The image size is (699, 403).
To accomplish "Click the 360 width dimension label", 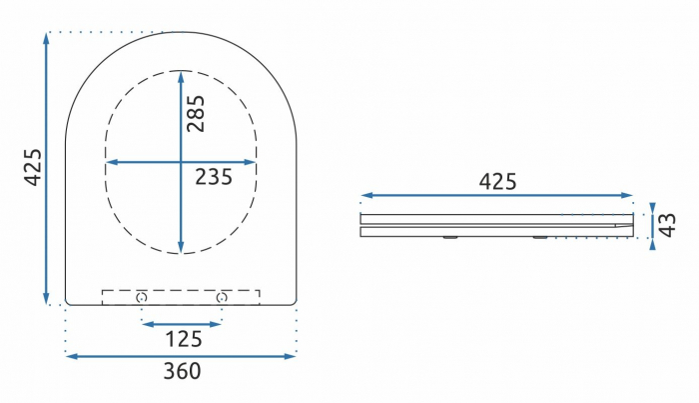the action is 182,371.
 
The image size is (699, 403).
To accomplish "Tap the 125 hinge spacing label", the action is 184,340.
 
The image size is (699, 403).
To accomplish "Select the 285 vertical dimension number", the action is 196,113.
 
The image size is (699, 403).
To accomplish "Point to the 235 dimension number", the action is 214,177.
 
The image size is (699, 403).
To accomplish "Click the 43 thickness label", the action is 667,225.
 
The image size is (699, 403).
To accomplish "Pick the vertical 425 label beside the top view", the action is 33,167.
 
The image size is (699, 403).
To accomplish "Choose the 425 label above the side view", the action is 497,182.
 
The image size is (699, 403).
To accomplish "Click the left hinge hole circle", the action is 142,297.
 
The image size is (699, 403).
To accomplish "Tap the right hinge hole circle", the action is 222,297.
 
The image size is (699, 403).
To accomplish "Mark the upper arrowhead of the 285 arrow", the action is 181,77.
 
